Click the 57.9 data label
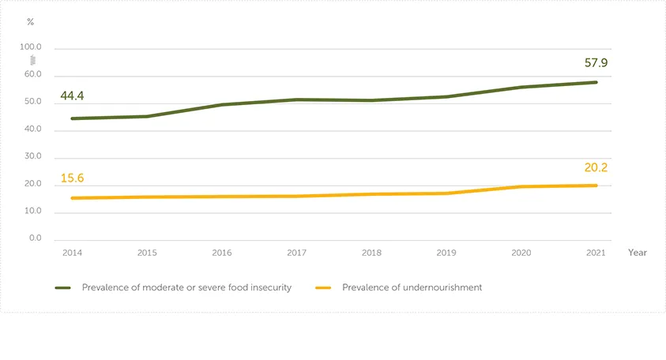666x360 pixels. pyautogui.click(x=595, y=63)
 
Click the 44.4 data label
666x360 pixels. pyautogui.click(x=71, y=96)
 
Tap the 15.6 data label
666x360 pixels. pyautogui.click(x=71, y=178)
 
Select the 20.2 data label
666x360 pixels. pyautogui.click(x=595, y=167)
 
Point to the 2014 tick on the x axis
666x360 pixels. pyautogui.click(x=72, y=253)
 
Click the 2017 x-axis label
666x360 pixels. pyautogui.click(x=296, y=253)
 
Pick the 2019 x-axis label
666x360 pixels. pyautogui.click(x=446, y=253)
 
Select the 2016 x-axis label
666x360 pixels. pyautogui.click(x=222, y=253)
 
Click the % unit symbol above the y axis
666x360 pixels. pyautogui.click(x=31, y=22)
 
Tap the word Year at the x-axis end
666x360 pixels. pyautogui.click(x=637, y=253)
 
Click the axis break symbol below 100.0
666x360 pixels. pyautogui.click(x=32, y=60)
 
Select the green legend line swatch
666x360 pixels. pyautogui.click(x=63, y=288)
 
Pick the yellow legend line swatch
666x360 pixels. pyautogui.click(x=323, y=288)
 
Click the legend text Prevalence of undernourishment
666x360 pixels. pyautogui.click(x=412, y=288)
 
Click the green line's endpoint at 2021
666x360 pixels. pyautogui.click(x=596, y=82)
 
